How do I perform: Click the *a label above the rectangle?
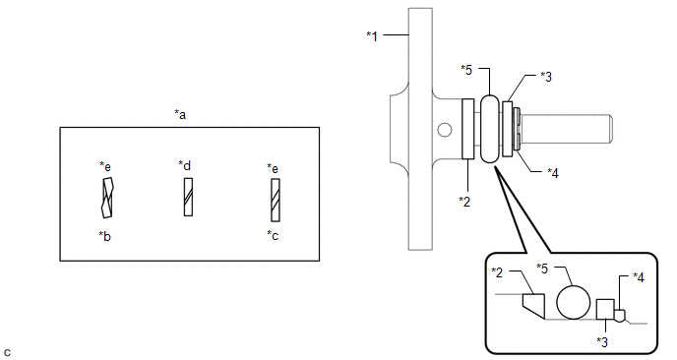(x=180, y=115)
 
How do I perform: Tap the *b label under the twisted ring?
(x=104, y=236)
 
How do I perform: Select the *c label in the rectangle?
(x=273, y=235)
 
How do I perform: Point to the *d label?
(x=185, y=165)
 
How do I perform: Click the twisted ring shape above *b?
(x=107, y=198)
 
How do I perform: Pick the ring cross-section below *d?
(x=188, y=197)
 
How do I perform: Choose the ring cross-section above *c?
(x=276, y=201)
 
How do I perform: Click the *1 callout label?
(x=372, y=36)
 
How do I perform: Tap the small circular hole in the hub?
(x=445, y=130)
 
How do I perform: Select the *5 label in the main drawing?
(x=466, y=70)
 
